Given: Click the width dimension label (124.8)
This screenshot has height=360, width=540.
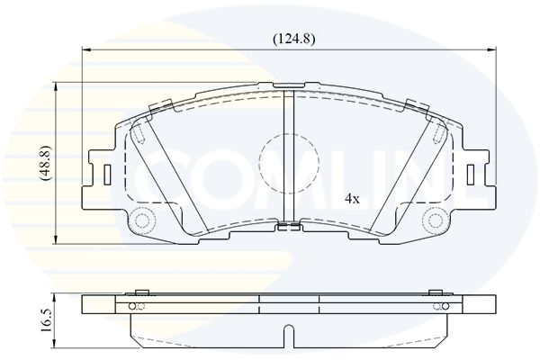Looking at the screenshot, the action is [293, 40].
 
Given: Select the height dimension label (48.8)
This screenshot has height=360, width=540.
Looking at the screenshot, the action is [46, 163].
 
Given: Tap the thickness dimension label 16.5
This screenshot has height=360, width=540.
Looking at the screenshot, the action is [47, 320].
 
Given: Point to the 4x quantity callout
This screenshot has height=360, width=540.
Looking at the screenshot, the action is [352, 199].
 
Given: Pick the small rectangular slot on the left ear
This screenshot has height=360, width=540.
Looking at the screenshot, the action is [107, 174].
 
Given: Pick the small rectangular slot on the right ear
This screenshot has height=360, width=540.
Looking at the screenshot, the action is [471, 174].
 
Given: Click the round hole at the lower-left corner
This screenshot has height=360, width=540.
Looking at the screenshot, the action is [141, 221].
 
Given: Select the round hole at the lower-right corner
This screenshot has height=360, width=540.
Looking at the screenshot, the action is [436, 221].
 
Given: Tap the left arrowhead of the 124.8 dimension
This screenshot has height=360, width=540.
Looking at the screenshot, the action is [85, 50].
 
